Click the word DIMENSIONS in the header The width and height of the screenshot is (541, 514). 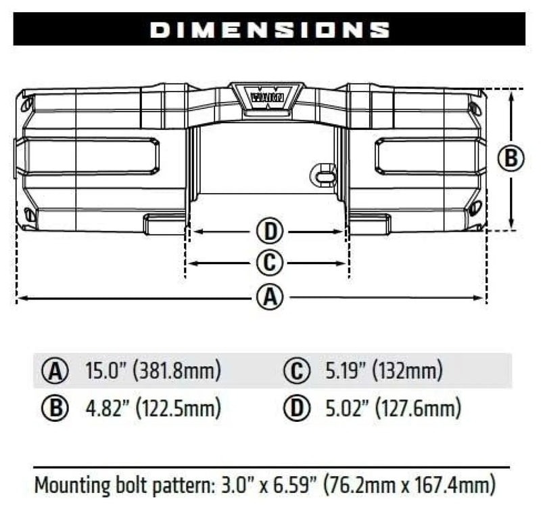(269, 30)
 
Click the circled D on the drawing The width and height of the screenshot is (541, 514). (269, 232)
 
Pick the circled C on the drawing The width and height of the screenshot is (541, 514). (269, 263)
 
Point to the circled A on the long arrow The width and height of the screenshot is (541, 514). (269, 297)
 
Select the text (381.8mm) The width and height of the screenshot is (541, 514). (177, 372)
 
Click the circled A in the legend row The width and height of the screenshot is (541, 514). (55, 372)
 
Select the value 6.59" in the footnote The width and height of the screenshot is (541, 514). (301, 486)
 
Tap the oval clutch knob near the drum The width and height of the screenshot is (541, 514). (323, 175)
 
